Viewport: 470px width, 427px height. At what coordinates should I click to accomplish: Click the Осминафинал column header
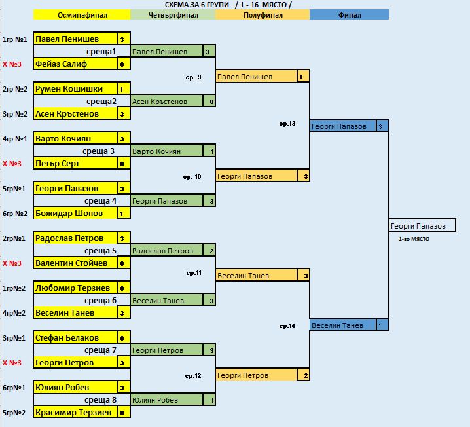coord(82,14)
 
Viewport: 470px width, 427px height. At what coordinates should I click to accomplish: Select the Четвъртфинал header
coord(173,14)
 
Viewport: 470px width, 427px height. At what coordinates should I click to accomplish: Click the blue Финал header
coord(349,14)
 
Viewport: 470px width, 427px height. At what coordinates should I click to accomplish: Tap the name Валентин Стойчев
coord(71,263)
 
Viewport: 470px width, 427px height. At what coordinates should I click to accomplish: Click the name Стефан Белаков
coord(67,338)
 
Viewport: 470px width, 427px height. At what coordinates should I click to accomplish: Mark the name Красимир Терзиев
coord(74,413)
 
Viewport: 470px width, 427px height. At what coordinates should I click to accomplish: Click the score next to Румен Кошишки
coord(122,89)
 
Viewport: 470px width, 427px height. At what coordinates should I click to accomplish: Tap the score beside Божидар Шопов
coord(122,213)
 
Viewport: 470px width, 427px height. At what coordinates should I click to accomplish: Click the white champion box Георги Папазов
coord(418,226)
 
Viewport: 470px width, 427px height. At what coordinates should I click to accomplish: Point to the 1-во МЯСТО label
coord(414,240)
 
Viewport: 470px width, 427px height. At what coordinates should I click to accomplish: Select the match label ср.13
coord(287,123)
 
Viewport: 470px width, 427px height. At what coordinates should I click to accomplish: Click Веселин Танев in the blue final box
coord(338,325)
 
